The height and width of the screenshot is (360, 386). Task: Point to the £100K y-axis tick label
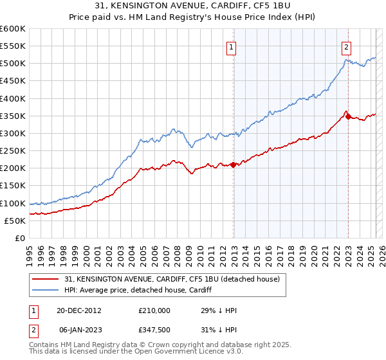click(13, 203)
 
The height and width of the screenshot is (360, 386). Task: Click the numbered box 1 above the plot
click(230, 46)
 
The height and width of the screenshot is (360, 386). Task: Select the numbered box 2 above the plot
click(346, 46)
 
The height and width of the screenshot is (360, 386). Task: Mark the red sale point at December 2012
click(234, 165)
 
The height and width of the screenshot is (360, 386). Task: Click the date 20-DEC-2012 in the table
click(79, 310)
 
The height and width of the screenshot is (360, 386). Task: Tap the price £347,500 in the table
click(154, 329)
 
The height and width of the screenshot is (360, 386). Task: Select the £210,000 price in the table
click(154, 310)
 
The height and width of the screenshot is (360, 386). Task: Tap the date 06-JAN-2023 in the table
click(79, 329)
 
